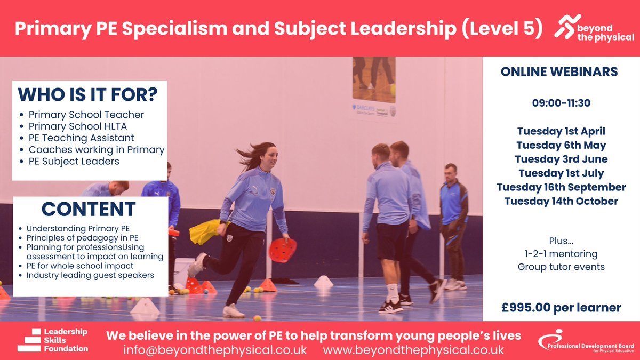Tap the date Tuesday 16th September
(561, 187)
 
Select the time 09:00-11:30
(561, 103)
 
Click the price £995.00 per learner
(561, 308)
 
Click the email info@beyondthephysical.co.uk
(215, 350)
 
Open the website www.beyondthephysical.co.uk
(413, 350)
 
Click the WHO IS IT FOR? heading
(87, 95)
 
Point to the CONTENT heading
(89, 209)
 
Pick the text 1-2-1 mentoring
(561, 254)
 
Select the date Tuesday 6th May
(561, 145)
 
